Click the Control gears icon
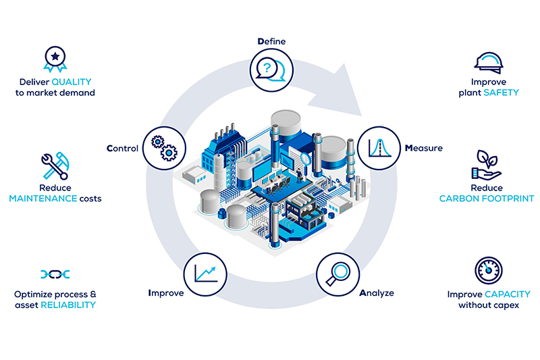[x=164, y=148]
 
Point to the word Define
[x=271, y=41]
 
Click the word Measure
[x=424, y=148]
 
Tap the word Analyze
[x=377, y=293]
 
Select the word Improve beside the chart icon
[x=165, y=293]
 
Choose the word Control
[x=122, y=149]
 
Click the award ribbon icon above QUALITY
[x=55, y=59]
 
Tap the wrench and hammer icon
[x=55, y=165]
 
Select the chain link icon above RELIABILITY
[x=55, y=274]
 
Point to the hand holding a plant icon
[x=486, y=165]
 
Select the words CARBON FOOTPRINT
[x=487, y=199]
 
